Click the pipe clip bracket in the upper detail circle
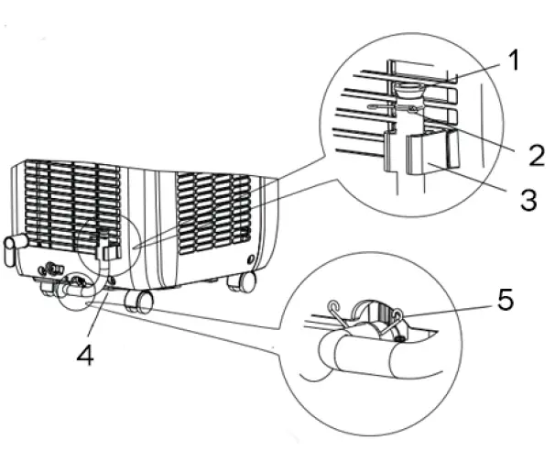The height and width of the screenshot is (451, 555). pos(431,152)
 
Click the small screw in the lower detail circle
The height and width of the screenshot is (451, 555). pos(403,339)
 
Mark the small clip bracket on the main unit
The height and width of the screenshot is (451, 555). pos(112,249)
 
